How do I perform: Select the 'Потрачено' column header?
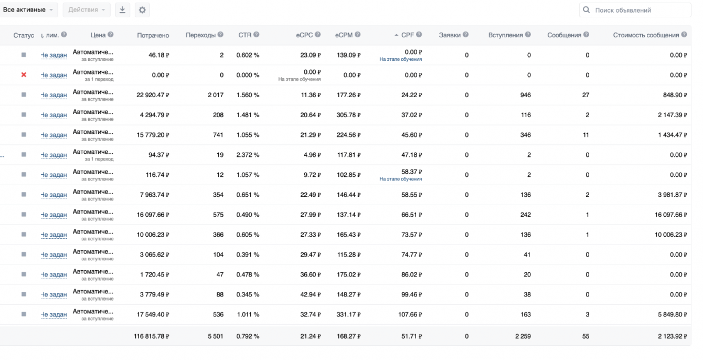(153, 35)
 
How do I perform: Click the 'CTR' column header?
(246, 35)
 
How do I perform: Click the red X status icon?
(24, 75)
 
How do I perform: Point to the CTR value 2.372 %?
(248, 155)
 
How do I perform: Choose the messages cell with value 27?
(585, 95)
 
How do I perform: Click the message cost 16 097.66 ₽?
(669, 215)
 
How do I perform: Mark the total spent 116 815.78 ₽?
(151, 335)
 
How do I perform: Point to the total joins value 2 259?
(523, 335)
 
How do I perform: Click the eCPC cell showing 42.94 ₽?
(311, 294)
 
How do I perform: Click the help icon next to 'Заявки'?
(465, 35)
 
